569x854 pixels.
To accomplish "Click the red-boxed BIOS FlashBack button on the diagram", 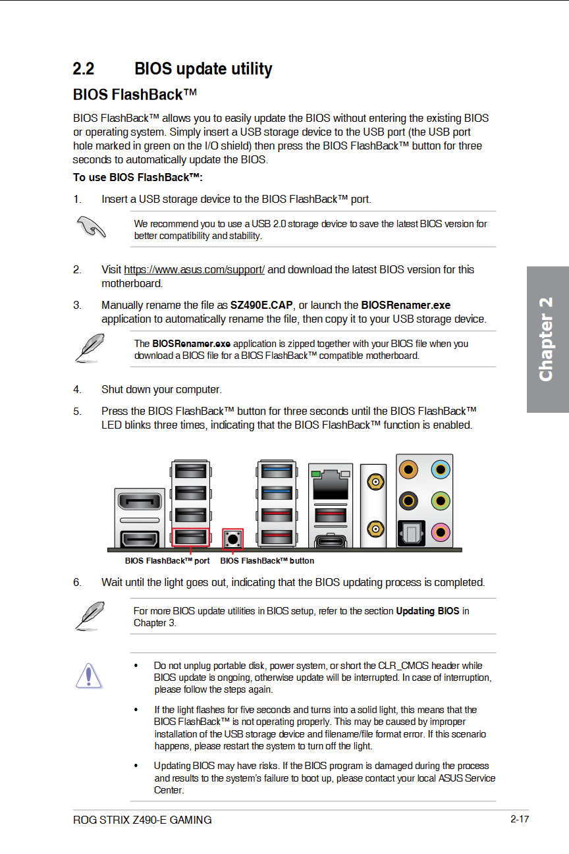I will pos(232,539).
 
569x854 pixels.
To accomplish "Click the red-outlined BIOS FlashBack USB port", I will pos(190,537).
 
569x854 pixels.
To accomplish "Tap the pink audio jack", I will pos(441,531).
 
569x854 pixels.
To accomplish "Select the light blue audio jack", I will pos(441,469).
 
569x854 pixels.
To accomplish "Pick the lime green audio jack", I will pos(441,500).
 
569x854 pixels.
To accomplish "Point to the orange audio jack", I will pos(409,469).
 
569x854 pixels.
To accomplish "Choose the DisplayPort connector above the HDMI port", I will pos(139,504).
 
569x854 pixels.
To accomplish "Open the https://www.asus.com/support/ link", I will pos(194,269).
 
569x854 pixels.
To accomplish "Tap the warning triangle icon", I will pos(88,676).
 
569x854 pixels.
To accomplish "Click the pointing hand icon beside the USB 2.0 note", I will pos(90,227).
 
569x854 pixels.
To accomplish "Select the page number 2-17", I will pos(519,819).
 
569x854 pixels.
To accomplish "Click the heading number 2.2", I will pos(84,68).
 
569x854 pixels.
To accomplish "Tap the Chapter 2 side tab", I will pos(547,339).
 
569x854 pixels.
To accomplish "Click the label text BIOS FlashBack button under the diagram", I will pos(267,561).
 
